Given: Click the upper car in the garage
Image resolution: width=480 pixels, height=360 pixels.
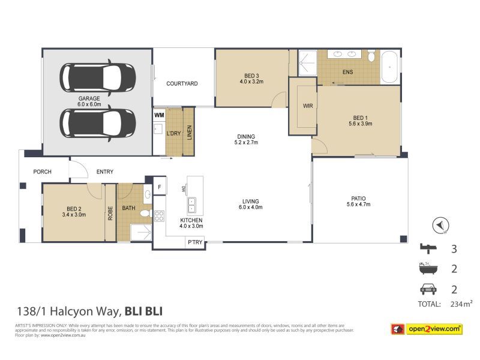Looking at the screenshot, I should coord(98,77).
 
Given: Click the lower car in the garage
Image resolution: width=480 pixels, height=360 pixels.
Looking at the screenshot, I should coord(98,123).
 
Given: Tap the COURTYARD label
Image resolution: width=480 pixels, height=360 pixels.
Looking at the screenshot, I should coord(182,84).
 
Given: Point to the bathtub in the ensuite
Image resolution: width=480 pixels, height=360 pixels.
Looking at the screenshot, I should coord(389,67).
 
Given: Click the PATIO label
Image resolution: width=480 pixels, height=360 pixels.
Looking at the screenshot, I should coord(359,199).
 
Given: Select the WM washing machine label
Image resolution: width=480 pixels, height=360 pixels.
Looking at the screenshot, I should coord(159,115).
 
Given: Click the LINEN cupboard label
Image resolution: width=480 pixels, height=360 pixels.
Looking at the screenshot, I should coord(190,131).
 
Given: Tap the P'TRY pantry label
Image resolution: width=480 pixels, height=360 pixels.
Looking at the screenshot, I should coord(195,242).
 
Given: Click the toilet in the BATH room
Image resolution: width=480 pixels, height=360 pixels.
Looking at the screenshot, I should coord(145,213).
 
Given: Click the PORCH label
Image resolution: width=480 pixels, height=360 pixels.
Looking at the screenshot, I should coord(42,172).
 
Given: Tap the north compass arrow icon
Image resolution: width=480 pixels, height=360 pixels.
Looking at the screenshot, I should coord(440,226).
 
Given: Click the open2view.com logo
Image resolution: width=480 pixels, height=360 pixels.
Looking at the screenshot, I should coord(427,328).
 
